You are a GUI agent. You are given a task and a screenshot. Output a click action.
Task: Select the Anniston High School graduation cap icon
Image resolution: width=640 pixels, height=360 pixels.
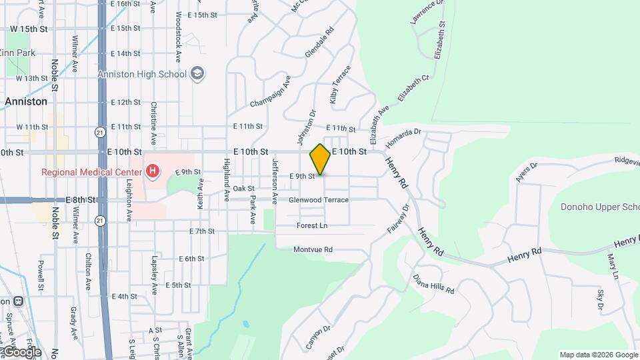pyautogui.click(x=197, y=74)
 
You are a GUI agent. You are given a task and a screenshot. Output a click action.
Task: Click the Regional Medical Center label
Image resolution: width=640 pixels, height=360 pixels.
pyautogui.click(x=92, y=172)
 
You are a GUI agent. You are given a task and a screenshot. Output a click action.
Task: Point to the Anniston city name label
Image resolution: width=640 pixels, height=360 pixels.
pyautogui.click(x=26, y=102)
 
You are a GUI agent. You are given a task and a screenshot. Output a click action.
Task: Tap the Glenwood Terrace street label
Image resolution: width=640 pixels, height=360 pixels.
pyautogui.click(x=319, y=200)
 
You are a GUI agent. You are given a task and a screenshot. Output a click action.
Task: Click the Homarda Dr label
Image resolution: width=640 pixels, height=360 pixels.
pyautogui.click(x=405, y=137)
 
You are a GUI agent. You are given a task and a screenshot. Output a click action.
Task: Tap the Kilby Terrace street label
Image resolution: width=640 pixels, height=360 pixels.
pyautogui.click(x=340, y=85)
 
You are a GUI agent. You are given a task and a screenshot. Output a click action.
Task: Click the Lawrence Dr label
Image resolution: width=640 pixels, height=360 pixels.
pyautogui.click(x=427, y=13)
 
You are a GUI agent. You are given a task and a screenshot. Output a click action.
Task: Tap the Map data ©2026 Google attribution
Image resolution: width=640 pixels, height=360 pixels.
pyautogui.click(x=598, y=355)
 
